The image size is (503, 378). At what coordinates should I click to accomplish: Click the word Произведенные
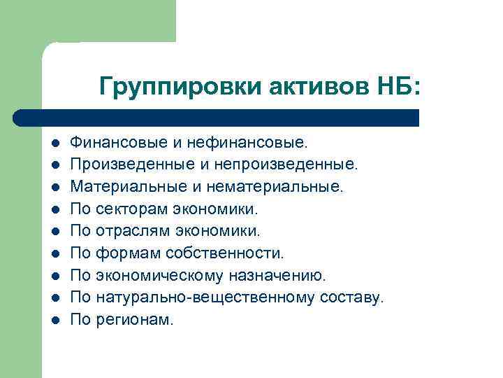click(x=126, y=164)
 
